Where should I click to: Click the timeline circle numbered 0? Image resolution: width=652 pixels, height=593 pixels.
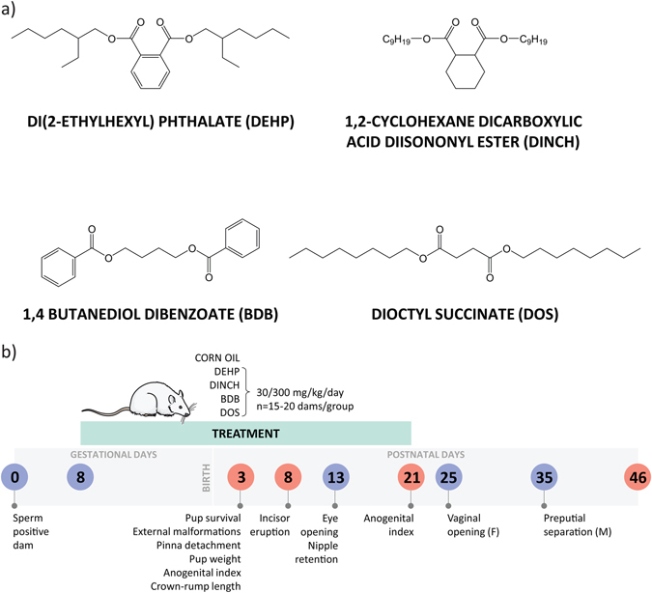[x=14, y=477]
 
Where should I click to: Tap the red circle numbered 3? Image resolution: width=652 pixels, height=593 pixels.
[x=239, y=477]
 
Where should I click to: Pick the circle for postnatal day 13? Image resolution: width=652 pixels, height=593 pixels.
[x=335, y=477]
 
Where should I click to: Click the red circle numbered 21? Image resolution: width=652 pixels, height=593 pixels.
[x=411, y=477]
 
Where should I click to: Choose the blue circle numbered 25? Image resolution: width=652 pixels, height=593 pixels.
[x=449, y=477]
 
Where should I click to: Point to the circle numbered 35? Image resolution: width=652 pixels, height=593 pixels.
[x=545, y=477]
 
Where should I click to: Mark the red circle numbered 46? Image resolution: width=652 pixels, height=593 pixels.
[x=636, y=477]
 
